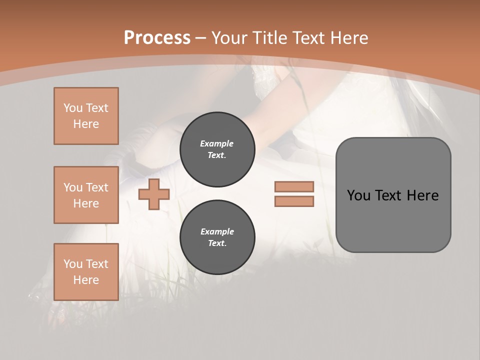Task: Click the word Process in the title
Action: coord(157,38)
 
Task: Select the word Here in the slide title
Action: coord(348,38)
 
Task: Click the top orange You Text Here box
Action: coord(86,116)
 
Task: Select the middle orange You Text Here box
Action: coord(86,195)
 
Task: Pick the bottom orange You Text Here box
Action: coord(86,272)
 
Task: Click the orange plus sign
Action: coord(154,194)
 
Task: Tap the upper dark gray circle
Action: coord(217,149)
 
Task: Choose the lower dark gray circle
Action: coord(217,237)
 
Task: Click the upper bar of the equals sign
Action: coord(294,186)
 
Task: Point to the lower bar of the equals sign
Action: coord(294,201)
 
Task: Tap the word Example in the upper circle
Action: coord(217,143)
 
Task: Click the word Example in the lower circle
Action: coord(217,231)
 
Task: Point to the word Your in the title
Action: coord(230,38)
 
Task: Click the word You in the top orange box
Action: coord(72,108)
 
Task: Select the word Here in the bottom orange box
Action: coord(86,280)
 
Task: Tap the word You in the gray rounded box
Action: coord(359,195)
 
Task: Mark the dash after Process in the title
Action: coord(200,38)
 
